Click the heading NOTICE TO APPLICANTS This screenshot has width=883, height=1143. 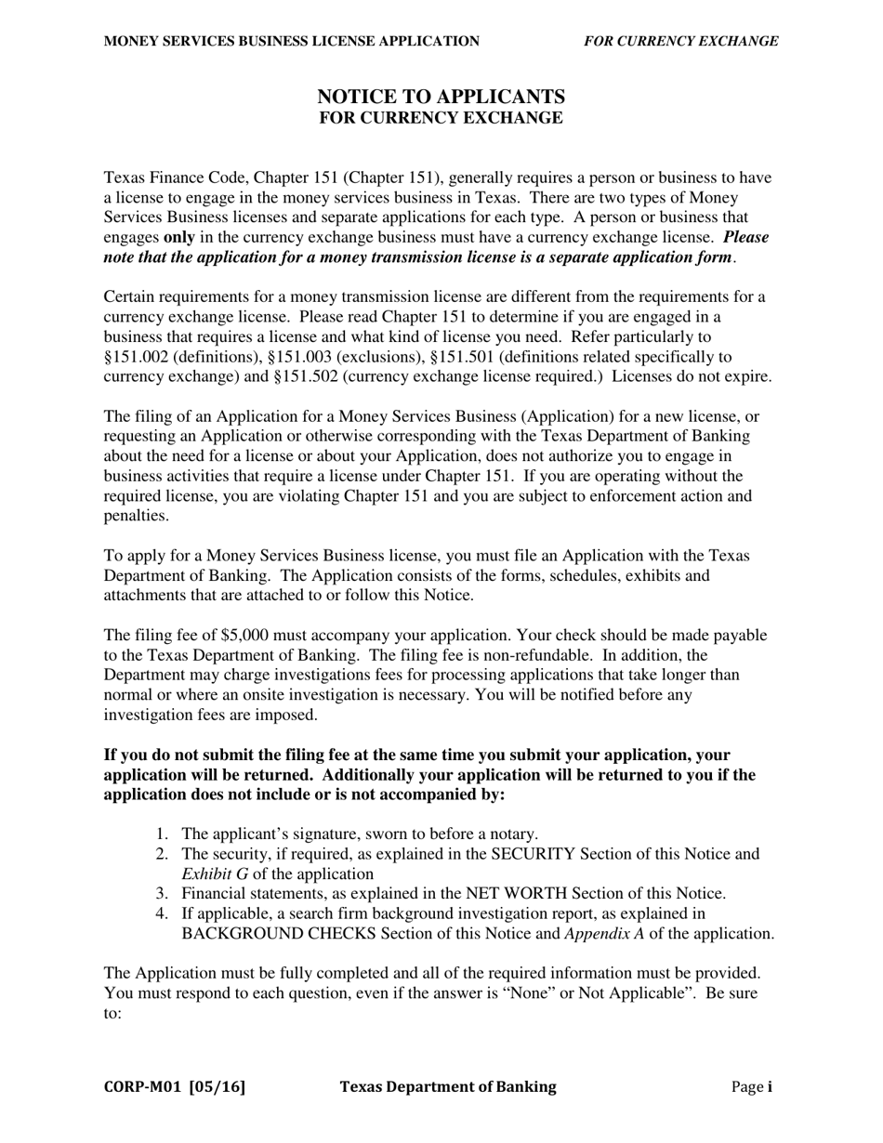point(441,97)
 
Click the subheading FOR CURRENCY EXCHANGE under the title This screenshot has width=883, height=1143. point(441,118)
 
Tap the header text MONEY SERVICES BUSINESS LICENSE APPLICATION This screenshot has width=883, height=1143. point(292,41)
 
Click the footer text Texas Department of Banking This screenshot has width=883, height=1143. point(448,1086)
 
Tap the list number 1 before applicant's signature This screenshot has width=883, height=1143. point(162,834)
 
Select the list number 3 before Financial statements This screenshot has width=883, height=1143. point(162,893)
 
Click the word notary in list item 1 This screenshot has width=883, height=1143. point(512,834)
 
